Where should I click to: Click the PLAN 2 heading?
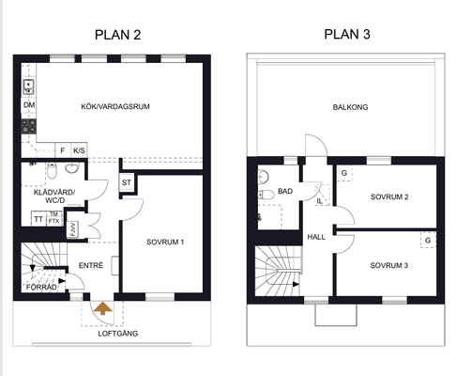[117, 35]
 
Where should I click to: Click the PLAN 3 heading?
[347, 34]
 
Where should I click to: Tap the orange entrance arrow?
[103, 308]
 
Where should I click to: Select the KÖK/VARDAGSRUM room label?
[115, 106]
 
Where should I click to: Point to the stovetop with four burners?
[29, 126]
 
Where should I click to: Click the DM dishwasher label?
[29, 105]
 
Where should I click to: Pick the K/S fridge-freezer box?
[79, 150]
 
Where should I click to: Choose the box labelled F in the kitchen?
[63, 150]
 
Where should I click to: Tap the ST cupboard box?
[127, 182]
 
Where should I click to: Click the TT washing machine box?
[38, 219]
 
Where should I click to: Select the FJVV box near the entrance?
[72, 229]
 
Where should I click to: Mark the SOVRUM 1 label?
[165, 242]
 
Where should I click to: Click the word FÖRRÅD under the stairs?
[41, 288]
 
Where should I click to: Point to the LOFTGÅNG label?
[118, 334]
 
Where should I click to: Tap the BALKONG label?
[350, 107]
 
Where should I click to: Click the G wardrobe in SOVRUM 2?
[344, 173]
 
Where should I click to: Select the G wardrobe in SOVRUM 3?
[428, 241]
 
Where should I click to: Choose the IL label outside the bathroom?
[319, 201]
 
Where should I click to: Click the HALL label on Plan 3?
[316, 237]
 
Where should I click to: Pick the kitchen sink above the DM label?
[28, 86]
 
